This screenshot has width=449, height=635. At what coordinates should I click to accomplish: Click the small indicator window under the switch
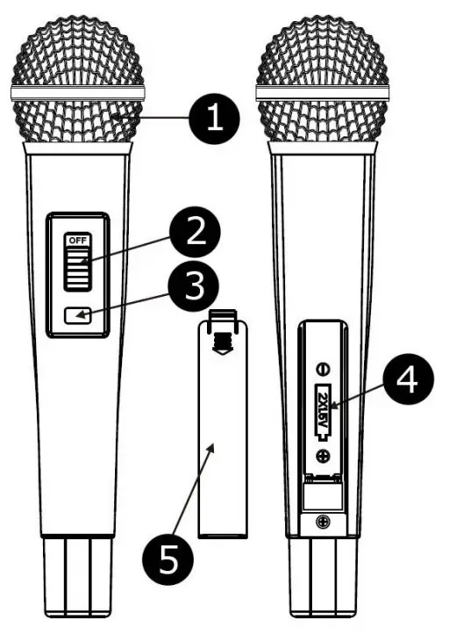79,314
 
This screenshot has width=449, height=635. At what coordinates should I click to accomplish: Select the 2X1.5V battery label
324,410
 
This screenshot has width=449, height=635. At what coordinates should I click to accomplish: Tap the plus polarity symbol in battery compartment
324,454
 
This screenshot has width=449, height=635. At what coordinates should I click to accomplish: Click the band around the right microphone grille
322,92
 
